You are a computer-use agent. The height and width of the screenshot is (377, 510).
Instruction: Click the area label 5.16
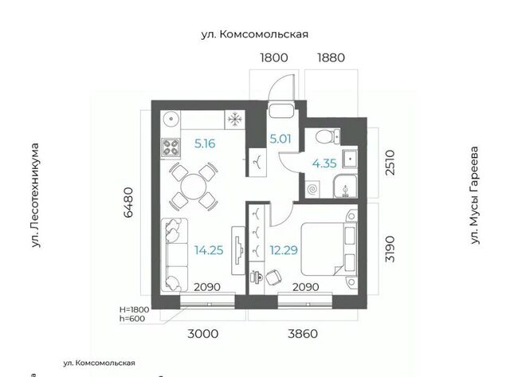click(x=205, y=143)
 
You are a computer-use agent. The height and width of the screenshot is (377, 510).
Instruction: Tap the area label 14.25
click(x=209, y=250)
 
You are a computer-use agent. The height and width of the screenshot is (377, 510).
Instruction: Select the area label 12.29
click(x=284, y=250)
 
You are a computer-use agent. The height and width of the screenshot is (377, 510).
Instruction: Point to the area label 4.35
click(x=324, y=163)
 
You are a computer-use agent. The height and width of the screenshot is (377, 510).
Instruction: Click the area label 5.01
click(x=280, y=139)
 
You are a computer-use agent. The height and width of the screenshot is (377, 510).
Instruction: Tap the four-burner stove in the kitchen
click(x=171, y=147)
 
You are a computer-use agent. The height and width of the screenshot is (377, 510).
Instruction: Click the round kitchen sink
click(x=171, y=120)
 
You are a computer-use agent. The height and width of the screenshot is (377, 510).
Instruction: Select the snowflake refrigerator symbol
click(x=235, y=120)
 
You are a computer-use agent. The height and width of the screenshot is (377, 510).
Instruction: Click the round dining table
click(x=194, y=187)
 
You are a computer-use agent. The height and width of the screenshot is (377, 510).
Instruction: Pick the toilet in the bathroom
click(x=328, y=136)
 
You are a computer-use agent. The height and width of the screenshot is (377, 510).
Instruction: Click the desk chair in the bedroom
click(x=274, y=277)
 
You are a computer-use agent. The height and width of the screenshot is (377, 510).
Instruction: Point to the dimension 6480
click(x=128, y=202)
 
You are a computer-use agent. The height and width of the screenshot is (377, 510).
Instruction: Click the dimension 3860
click(x=303, y=334)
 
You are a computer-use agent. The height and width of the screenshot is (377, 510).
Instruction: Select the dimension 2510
click(x=390, y=163)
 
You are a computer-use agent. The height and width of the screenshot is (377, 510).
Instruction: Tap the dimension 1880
click(x=331, y=57)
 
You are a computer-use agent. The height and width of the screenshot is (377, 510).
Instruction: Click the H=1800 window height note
click(x=135, y=309)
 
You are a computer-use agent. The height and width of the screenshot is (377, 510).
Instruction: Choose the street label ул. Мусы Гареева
click(x=475, y=195)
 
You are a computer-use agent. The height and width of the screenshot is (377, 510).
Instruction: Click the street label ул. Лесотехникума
click(x=35, y=195)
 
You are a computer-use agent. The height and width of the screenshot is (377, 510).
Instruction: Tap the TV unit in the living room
click(x=238, y=250)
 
